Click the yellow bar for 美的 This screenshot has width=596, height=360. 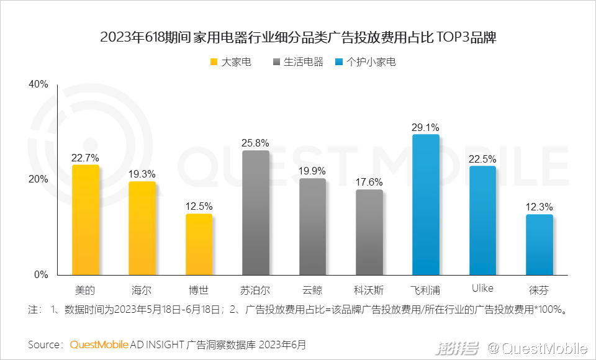click(x=86, y=220)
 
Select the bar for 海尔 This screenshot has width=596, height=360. click(x=142, y=228)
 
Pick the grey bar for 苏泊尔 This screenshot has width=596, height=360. click(x=256, y=212)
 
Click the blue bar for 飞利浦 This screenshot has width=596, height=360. click(x=426, y=204)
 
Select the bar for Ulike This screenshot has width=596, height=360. click(x=482, y=220)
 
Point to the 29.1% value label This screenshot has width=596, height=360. click(x=425, y=127)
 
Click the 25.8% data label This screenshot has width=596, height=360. click(x=256, y=143)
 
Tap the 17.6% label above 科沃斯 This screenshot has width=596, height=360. click(x=369, y=182)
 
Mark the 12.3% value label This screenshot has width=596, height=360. click(x=539, y=207)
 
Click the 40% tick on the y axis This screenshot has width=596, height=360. click(x=38, y=84)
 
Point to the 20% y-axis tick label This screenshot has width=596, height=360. click(x=38, y=179)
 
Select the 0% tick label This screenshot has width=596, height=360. click(x=42, y=274)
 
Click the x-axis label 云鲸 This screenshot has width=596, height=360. click(x=312, y=289)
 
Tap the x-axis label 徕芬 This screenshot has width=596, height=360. click(x=539, y=289)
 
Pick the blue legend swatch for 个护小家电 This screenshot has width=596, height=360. click(x=338, y=62)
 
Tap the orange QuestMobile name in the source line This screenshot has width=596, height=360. click(x=99, y=344)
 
